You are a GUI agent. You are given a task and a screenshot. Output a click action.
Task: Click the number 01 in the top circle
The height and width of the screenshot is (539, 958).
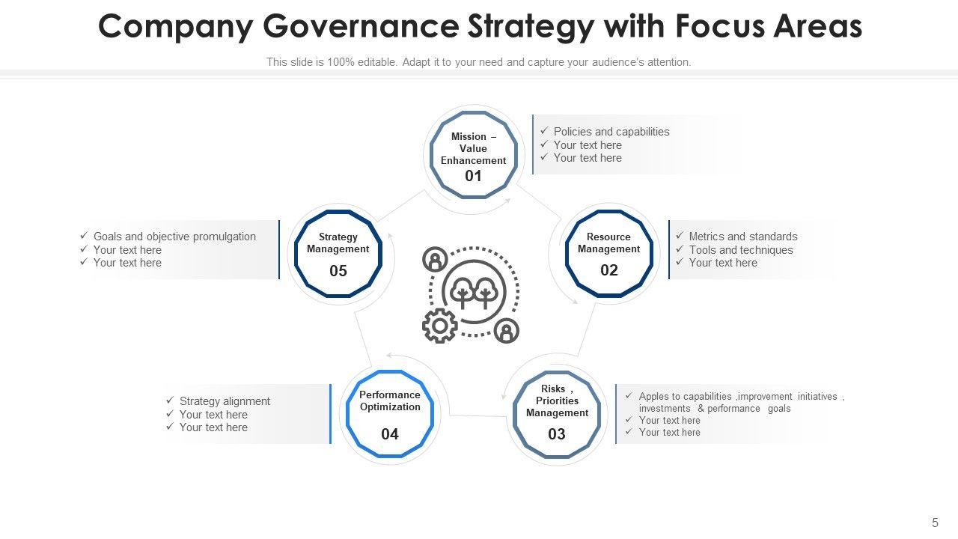pyautogui.click(x=473, y=176)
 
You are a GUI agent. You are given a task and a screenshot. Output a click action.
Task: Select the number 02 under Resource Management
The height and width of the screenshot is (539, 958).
pyautogui.click(x=609, y=270)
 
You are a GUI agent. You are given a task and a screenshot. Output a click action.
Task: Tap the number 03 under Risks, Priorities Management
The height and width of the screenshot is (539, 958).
pyautogui.click(x=557, y=434)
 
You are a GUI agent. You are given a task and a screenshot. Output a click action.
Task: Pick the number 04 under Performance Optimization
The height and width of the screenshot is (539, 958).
pyautogui.click(x=390, y=434)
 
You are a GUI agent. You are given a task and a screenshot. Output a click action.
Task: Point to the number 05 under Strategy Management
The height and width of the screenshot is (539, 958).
pyautogui.click(x=338, y=270)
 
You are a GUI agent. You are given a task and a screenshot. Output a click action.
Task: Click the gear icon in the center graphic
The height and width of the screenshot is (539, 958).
pyautogui.click(x=439, y=326)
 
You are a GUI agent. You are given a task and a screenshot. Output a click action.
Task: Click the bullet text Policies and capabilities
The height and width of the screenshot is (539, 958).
pyautogui.click(x=611, y=132)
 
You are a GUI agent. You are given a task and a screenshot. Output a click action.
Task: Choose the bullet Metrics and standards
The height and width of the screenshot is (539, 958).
pyautogui.click(x=743, y=237)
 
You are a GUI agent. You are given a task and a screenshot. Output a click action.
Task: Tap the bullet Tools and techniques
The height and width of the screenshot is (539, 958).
pyautogui.click(x=741, y=250)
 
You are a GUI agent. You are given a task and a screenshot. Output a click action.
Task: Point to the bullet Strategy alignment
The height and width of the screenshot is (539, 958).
pyautogui.click(x=225, y=401)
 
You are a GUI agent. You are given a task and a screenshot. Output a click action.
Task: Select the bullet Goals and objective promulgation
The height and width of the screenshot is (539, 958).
pyautogui.click(x=174, y=237)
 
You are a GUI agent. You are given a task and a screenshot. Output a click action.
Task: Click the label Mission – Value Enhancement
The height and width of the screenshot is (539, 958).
pyautogui.click(x=473, y=148)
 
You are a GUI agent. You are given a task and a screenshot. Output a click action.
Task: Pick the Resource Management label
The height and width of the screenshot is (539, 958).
pyautogui.click(x=609, y=243)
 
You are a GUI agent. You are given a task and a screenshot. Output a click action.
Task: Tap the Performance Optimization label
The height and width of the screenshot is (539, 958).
pyautogui.click(x=390, y=401)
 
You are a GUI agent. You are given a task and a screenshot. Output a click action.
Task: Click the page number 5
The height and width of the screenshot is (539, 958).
pyautogui.click(x=935, y=523)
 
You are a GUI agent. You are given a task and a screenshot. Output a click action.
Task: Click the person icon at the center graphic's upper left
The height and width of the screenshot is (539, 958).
pyautogui.click(x=434, y=260)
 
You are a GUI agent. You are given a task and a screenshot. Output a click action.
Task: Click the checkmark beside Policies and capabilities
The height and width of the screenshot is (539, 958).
pyautogui.click(x=544, y=131)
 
